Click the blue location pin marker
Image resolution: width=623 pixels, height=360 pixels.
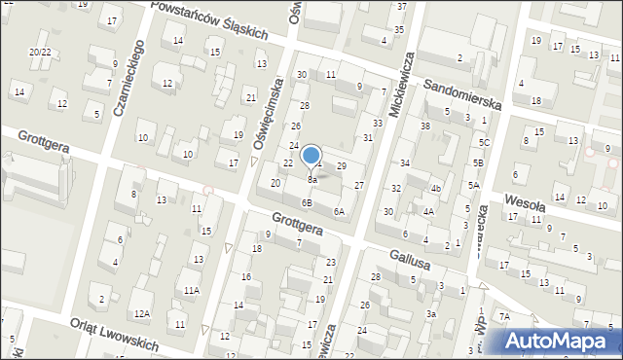311,156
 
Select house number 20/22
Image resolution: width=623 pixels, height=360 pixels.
40,52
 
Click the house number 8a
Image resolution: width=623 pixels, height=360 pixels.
311,180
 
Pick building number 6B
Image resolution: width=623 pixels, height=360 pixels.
307,203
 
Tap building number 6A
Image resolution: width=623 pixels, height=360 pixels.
339,211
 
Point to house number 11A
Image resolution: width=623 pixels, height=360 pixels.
192,290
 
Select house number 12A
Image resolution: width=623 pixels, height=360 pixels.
142,313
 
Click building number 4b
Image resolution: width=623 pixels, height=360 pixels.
436,189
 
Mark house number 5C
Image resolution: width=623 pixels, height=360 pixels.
484,143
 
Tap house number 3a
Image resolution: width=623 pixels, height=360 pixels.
430,313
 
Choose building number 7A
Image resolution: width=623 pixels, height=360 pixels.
504,316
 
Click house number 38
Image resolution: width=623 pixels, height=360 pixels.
424,126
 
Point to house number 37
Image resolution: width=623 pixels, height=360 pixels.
402,6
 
